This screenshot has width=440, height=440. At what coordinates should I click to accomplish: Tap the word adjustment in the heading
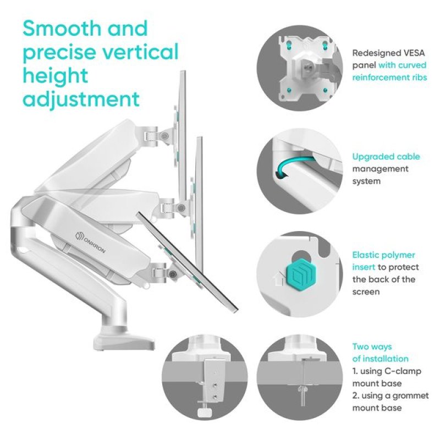(x=81, y=99)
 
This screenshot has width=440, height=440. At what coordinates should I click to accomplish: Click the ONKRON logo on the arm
(x=91, y=242)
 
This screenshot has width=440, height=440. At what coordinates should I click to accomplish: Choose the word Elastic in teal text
(x=365, y=255)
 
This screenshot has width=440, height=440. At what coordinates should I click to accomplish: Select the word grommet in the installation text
(x=410, y=395)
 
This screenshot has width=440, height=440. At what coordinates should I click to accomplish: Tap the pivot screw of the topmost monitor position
(x=164, y=136)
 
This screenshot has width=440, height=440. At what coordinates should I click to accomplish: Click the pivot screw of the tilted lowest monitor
(x=173, y=272)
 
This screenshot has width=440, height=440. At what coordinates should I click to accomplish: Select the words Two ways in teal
(x=372, y=347)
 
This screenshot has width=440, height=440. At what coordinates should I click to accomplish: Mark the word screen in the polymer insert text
(x=366, y=292)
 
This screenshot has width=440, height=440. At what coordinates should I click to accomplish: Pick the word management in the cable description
(x=380, y=169)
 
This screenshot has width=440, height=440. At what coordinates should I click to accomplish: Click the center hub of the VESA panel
(x=307, y=67)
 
